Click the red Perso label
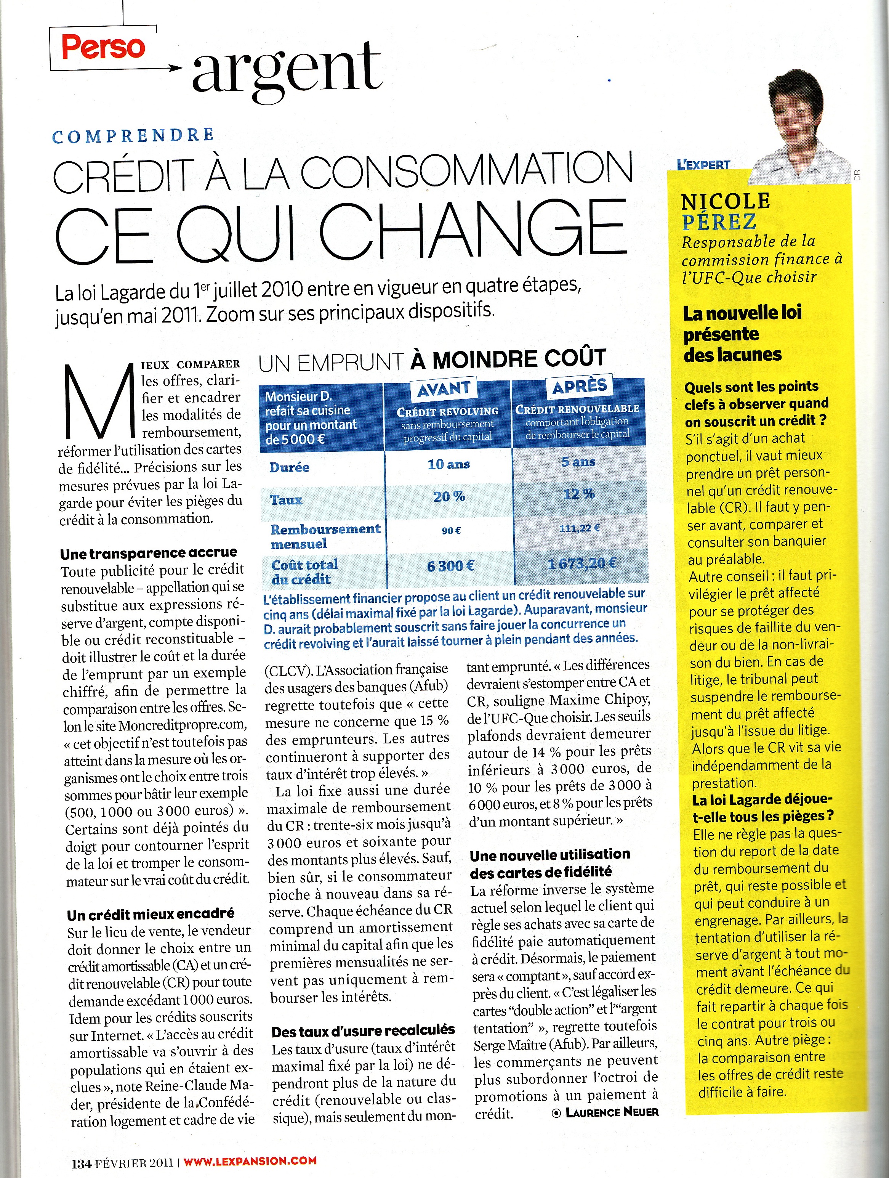(103, 47)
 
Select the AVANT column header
(444, 389)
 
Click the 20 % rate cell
(449, 496)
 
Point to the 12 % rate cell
(579, 494)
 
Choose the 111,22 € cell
(579, 528)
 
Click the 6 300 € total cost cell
(450, 566)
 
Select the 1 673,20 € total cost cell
(582, 563)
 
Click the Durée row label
(289, 467)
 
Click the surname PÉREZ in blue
(719, 221)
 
